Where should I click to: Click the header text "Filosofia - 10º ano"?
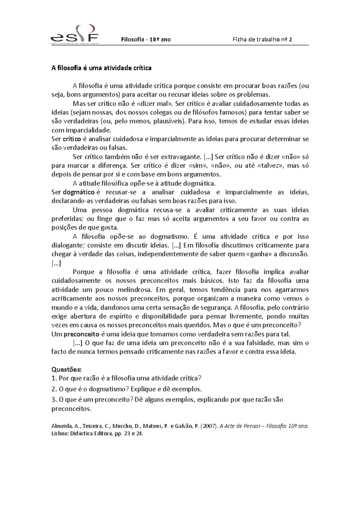(146, 39)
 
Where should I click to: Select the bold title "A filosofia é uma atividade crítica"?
(101, 68)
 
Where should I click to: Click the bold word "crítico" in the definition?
(72, 139)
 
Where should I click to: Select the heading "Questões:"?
(66, 369)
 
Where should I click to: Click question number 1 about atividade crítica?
(126, 378)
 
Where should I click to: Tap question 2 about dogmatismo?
(126, 389)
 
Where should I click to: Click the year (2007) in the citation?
(209, 426)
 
